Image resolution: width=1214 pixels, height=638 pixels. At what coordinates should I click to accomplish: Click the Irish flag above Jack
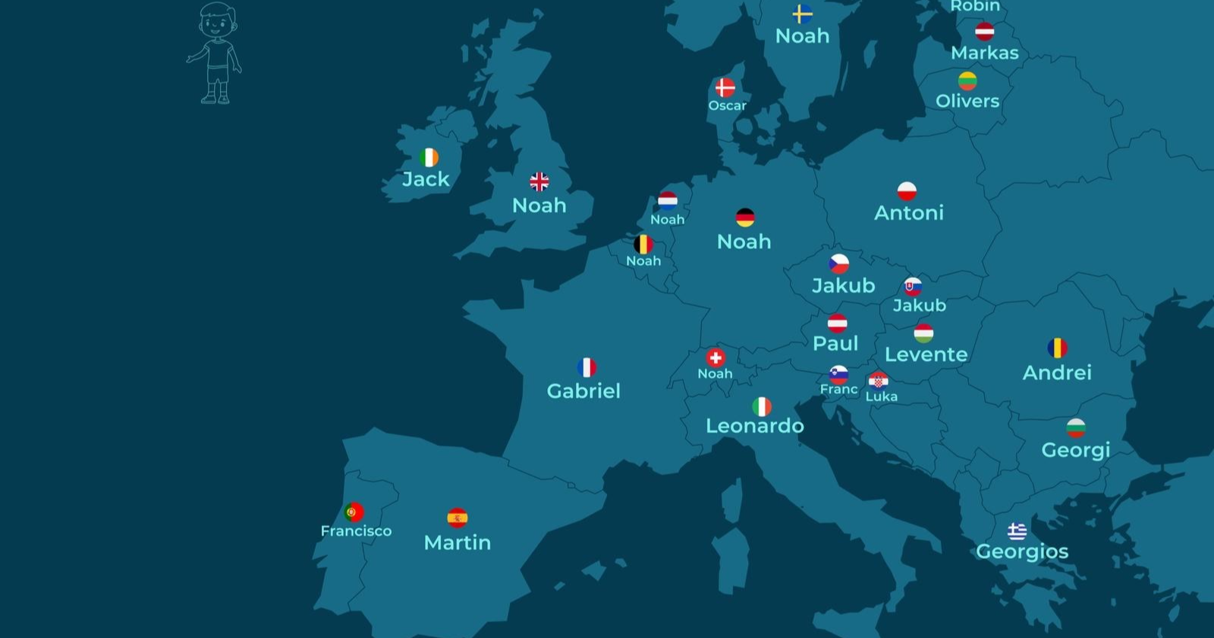[429, 157]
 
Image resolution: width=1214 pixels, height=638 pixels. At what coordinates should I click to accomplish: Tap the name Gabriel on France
[583, 391]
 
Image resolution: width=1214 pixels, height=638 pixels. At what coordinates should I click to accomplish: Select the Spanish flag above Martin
[457, 518]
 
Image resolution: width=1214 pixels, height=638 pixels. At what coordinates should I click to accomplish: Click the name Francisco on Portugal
[356, 531]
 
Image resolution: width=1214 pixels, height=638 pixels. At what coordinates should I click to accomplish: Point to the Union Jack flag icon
[539, 182]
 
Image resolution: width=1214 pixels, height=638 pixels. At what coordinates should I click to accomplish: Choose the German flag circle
[745, 218]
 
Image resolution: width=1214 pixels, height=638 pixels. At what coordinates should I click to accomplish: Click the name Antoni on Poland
[908, 213]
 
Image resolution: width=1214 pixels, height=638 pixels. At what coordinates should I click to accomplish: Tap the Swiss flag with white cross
[715, 358]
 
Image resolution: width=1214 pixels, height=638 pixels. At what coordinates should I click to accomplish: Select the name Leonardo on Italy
[754, 426]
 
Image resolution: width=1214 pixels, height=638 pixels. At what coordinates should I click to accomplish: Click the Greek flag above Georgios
[1017, 531]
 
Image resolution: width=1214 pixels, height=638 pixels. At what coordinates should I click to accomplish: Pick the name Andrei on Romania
[1057, 373]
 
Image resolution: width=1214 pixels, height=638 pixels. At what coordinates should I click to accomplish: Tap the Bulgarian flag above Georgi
[1075, 428]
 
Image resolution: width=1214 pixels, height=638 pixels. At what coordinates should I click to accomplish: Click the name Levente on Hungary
[926, 355]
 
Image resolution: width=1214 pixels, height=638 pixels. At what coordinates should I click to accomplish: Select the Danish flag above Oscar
[725, 87]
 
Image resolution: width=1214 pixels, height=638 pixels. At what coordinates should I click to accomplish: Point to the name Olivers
[967, 101]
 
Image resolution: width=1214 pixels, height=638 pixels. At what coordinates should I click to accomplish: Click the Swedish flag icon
[802, 14]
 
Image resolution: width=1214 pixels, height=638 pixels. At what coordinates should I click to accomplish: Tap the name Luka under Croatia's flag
[881, 396]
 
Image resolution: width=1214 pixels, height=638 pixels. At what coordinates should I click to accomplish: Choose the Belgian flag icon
[643, 245]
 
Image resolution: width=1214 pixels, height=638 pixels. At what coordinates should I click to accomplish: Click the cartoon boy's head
[217, 21]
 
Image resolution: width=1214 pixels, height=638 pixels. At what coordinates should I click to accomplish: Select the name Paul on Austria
[835, 343]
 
